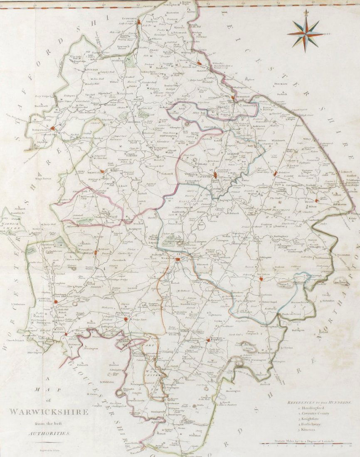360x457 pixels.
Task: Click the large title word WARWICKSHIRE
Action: tap(49, 412)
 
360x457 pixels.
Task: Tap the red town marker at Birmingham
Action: tap(52, 128)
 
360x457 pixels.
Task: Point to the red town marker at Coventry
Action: tap(217, 176)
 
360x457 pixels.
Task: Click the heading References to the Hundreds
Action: tap(319, 403)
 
